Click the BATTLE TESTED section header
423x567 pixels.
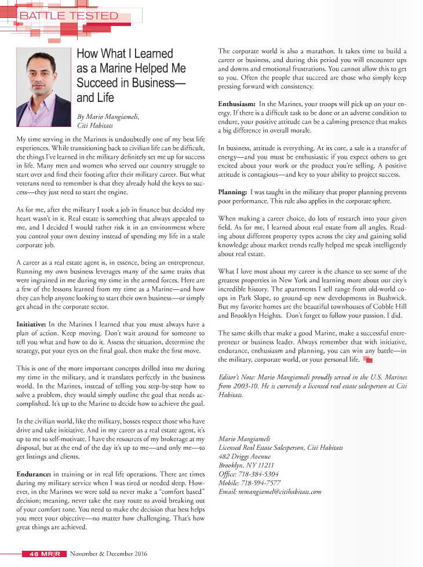tap(68, 16)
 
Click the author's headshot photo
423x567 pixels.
tap(43, 86)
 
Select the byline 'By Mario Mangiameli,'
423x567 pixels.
tap(108, 117)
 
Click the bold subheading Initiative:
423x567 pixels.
tap(31, 323)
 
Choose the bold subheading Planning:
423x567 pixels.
tap(233, 192)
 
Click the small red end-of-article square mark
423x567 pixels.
tap(367, 359)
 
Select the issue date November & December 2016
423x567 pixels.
tap(108, 554)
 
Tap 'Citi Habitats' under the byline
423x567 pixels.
tap(94, 125)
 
